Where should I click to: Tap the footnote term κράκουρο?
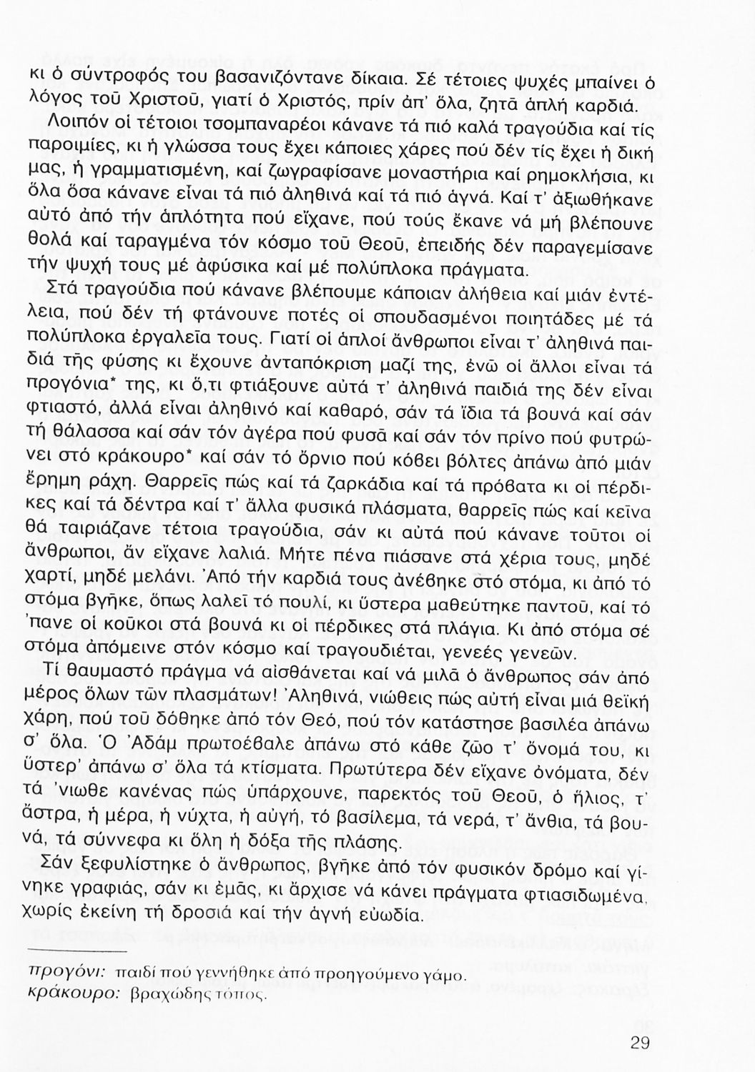[x=66, y=993]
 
